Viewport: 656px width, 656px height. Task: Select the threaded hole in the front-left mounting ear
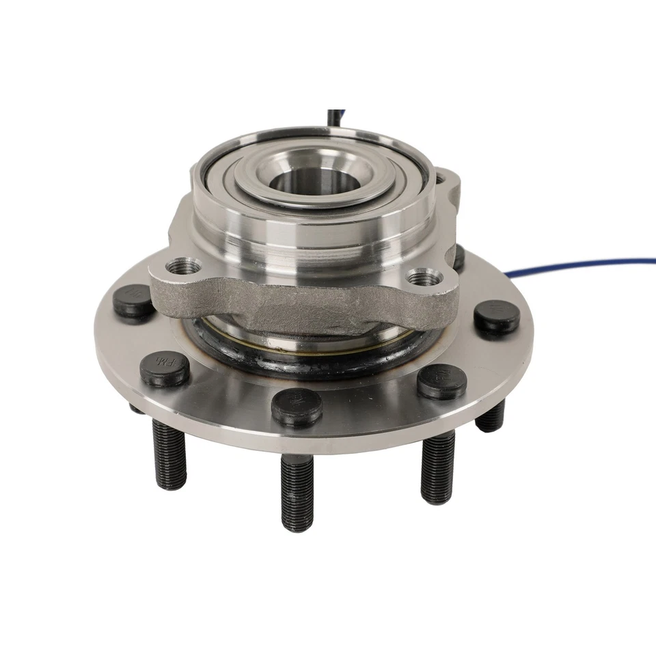click(184, 266)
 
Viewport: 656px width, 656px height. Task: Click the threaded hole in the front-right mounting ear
click(423, 277)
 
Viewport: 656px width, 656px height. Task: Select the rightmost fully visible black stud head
click(497, 316)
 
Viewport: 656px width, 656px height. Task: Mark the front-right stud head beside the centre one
click(441, 381)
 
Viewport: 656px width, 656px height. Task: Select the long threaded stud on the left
click(169, 454)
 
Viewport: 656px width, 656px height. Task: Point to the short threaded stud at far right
click(491, 416)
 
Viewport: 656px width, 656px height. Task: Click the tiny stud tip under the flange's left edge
click(135, 408)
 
